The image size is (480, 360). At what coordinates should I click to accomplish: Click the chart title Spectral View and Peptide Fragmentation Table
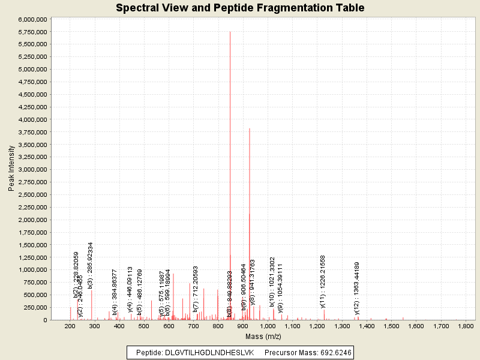[x=240, y=8]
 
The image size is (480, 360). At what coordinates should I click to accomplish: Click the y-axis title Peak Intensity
[x=11, y=170]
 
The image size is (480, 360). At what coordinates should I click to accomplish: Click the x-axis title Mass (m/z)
[x=263, y=337]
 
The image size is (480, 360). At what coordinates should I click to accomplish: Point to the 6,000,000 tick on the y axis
[x=31, y=19]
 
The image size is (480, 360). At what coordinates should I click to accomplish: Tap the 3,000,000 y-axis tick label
[x=31, y=170]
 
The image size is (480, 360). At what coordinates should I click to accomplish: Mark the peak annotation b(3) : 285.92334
[x=91, y=265]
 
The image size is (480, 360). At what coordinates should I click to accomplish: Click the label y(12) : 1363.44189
[x=357, y=288]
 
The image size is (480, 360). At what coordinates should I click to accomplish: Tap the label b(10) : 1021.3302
[x=272, y=282]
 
